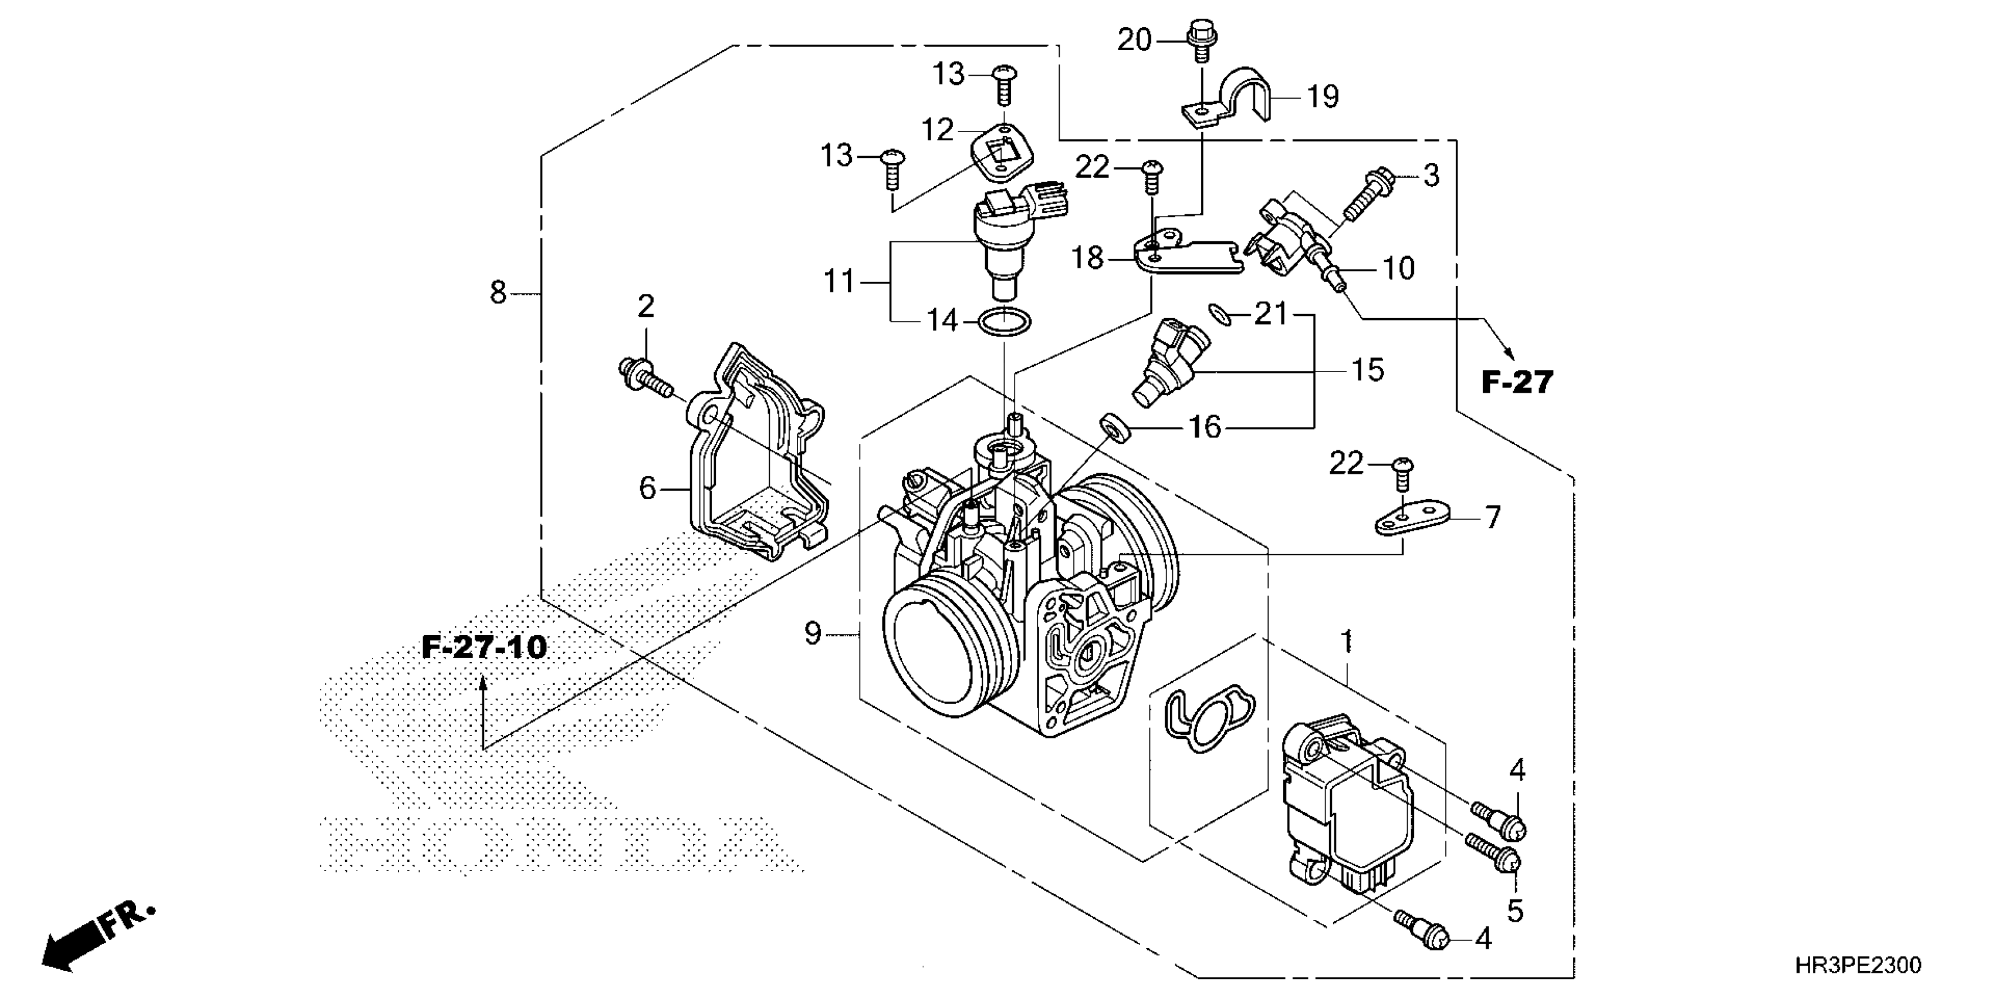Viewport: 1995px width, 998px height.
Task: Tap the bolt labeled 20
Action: pos(1201,36)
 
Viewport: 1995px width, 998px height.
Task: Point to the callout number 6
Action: pos(647,488)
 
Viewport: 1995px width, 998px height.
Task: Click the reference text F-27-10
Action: pos(484,647)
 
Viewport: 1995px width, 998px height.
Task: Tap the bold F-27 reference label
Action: pos(1516,382)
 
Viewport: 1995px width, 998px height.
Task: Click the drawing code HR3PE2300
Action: pos(1858,965)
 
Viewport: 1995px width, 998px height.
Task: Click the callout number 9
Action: pos(811,634)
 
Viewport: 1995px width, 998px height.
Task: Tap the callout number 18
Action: pos(1087,258)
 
